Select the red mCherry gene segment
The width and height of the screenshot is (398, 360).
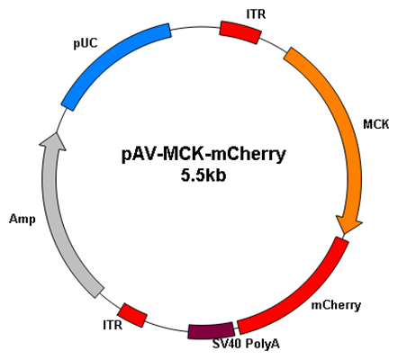(x=303, y=295)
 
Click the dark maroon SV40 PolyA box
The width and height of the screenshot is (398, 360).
(x=212, y=330)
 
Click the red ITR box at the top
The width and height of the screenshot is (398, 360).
(x=240, y=32)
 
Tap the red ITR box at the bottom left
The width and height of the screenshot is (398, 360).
(x=132, y=315)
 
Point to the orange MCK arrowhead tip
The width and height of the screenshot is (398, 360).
(x=345, y=234)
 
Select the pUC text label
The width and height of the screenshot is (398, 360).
(x=86, y=44)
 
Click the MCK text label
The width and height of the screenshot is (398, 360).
(x=376, y=124)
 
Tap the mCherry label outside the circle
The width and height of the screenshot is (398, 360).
(x=336, y=305)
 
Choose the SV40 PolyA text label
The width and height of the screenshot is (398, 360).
(x=246, y=344)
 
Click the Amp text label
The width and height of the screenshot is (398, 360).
(x=23, y=220)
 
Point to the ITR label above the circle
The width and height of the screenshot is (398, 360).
(x=256, y=14)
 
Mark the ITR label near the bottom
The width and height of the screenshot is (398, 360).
(x=113, y=325)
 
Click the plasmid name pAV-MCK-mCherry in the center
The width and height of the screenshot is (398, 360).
(x=204, y=154)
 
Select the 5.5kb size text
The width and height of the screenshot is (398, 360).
(x=204, y=175)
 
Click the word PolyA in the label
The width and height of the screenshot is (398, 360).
(x=263, y=344)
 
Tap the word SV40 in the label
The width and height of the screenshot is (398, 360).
(x=227, y=344)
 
